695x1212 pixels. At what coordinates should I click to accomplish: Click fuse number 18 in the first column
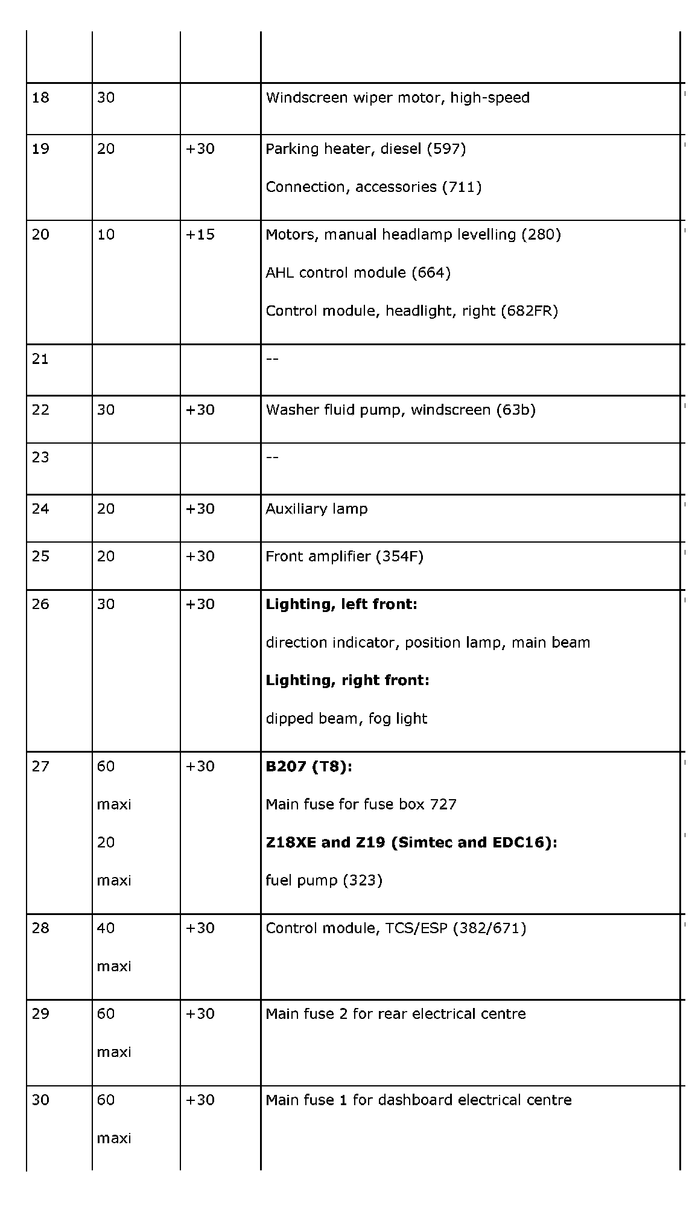(x=40, y=98)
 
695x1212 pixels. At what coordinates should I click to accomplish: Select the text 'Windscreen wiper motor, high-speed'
(x=398, y=98)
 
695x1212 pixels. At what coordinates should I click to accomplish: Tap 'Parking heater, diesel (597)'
(x=366, y=149)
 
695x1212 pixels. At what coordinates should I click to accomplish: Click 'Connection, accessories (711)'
(x=373, y=187)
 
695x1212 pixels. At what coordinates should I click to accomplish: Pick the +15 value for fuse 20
(x=200, y=235)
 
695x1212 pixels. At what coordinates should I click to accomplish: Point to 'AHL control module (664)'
(x=358, y=273)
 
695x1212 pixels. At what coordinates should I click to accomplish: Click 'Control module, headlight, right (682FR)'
(x=411, y=311)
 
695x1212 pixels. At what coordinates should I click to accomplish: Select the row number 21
(x=40, y=359)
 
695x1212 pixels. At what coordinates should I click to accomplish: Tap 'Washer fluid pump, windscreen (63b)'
(x=400, y=410)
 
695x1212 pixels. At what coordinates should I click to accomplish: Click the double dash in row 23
(x=272, y=458)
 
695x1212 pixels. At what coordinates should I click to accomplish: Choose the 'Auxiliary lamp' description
(x=316, y=509)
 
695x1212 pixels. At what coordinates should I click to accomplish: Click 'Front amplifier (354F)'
(x=344, y=557)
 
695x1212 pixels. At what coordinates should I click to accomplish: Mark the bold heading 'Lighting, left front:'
(x=341, y=604)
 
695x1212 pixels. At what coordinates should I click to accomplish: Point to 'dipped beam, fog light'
(x=346, y=718)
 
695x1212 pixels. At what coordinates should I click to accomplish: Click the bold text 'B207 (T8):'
(x=309, y=767)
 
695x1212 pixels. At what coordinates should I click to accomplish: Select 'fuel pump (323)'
(x=324, y=881)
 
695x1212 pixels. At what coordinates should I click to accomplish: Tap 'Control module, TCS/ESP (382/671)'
(x=396, y=928)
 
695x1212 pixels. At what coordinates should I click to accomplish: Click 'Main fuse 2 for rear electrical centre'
(x=395, y=1014)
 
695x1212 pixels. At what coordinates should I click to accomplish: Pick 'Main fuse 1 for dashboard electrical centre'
(x=418, y=1100)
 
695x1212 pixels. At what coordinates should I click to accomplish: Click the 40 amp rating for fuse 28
(x=106, y=928)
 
